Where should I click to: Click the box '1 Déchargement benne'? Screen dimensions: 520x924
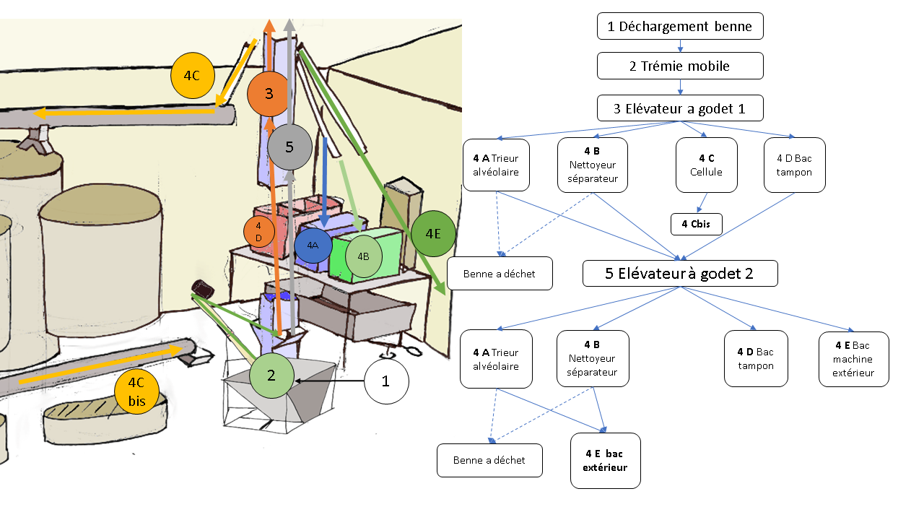(x=680, y=27)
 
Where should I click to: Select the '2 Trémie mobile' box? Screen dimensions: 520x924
(x=680, y=66)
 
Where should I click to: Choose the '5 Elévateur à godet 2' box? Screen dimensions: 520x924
(x=680, y=273)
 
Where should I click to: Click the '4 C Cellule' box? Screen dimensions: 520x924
(x=706, y=165)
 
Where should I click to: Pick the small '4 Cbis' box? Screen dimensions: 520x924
(x=696, y=224)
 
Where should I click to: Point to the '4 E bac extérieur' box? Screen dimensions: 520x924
(x=605, y=461)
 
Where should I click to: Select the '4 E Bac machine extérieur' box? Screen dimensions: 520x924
(x=853, y=359)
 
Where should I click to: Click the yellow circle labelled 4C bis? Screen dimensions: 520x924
(x=136, y=391)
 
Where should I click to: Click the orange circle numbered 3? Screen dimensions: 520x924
(x=269, y=94)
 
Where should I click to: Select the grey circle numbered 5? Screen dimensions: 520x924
(x=289, y=147)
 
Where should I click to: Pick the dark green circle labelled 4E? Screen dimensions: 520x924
(x=433, y=233)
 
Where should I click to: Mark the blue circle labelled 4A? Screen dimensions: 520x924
(x=313, y=246)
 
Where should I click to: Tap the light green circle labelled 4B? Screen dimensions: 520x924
(x=363, y=256)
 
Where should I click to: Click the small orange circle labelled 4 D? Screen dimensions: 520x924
(x=258, y=231)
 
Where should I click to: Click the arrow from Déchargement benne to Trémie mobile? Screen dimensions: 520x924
(x=680, y=46)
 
